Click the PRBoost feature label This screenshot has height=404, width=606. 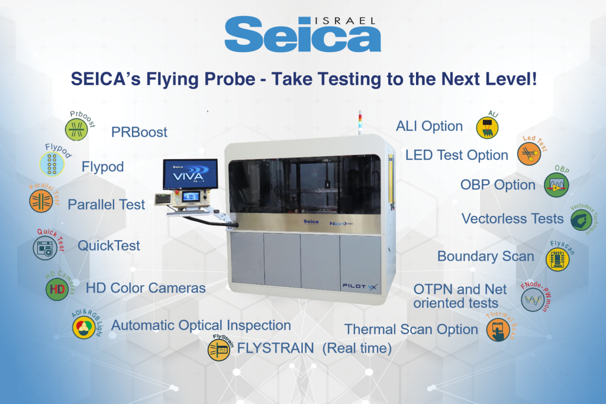point(139,132)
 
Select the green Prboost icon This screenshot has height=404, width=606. point(76,128)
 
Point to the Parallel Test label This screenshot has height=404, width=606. point(106,205)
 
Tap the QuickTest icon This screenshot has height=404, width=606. point(45,247)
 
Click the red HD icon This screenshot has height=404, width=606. point(57,289)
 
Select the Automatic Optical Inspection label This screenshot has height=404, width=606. point(201,325)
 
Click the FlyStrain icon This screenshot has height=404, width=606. point(219,350)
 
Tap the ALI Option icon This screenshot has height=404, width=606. point(488,127)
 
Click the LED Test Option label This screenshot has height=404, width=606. point(456,156)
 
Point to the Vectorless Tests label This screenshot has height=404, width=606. point(512,219)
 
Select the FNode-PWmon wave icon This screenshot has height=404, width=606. point(532,300)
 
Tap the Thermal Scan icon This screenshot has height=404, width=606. point(498,330)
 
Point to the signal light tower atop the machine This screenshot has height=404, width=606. point(359,124)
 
